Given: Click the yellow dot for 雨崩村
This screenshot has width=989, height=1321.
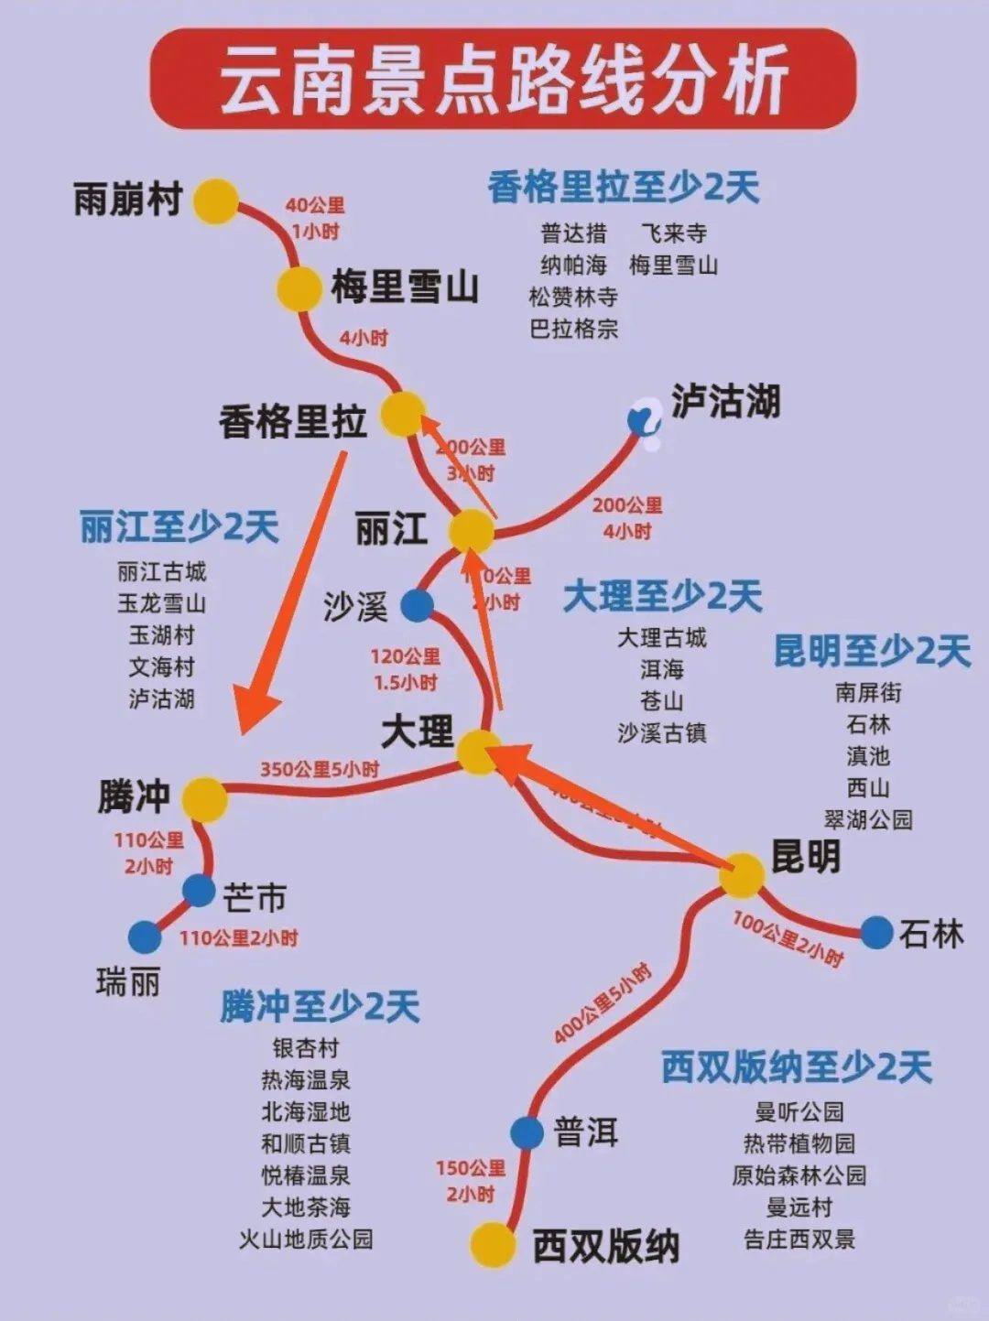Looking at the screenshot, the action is pos(216,201).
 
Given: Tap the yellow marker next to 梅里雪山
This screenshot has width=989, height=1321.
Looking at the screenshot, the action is pos(299,288).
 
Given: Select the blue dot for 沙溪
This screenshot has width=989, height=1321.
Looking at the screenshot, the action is pos(418,605).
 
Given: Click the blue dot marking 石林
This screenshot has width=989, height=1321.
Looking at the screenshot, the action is pos(876,932).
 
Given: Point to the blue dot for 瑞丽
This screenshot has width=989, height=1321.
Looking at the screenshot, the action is pos(144,937).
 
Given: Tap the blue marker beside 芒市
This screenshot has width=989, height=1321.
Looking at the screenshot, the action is pos(199,890).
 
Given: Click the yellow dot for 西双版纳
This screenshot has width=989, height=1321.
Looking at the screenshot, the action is pos(493,1244).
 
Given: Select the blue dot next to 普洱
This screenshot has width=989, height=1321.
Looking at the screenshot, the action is pos(527,1132).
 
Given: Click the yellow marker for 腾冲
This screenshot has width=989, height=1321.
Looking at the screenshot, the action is pos(204,799).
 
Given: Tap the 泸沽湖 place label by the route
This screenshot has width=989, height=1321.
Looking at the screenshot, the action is pos(725,401).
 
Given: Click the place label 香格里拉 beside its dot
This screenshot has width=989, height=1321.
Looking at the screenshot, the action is pos(292,421).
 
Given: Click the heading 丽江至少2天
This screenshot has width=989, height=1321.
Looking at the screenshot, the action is pos(179,527).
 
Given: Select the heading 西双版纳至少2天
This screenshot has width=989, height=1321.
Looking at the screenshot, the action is pos(796,1067).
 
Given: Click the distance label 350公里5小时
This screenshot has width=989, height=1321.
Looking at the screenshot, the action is pos(319,769).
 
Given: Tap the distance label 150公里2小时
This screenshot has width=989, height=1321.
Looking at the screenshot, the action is pos(471,1181).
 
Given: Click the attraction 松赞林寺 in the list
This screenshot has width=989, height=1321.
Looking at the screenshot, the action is pos(573,297).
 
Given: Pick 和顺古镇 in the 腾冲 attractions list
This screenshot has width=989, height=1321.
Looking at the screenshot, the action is pos(306,1143).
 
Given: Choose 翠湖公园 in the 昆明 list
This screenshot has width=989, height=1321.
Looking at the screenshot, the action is pos(868,819).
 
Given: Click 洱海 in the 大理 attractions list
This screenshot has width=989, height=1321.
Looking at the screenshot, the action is pos(662,669).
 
